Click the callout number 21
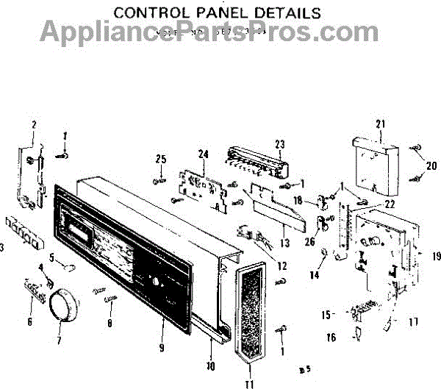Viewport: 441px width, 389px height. (380, 123)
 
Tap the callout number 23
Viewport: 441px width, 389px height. (279, 143)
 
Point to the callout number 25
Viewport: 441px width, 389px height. (161, 159)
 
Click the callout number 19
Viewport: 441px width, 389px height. (436, 257)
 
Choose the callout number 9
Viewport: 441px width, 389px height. (161, 346)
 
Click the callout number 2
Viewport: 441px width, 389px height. (34, 124)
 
